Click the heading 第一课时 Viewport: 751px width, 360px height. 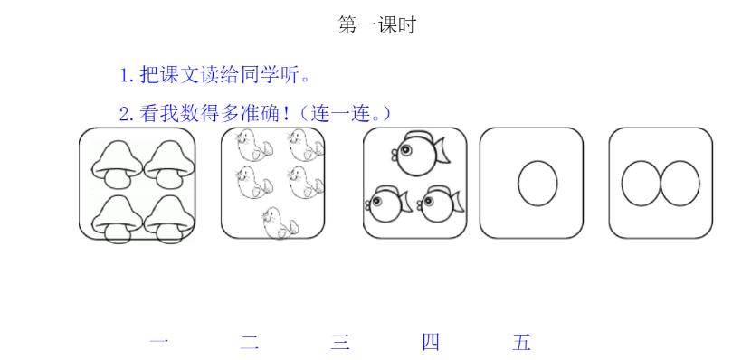pyautogui.click(x=375, y=25)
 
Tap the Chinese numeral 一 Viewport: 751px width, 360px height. pyautogui.click(x=159, y=343)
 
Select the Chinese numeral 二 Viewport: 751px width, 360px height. pyautogui.click(x=250, y=343)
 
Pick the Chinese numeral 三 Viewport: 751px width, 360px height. pyautogui.click(x=340, y=343)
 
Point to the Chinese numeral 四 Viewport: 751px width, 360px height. pyautogui.click(x=431, y=343)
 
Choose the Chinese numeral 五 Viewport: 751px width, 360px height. pyautogui.click(x=521, y=343)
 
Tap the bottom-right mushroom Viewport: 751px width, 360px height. pyautogui.click(x=166, y=217)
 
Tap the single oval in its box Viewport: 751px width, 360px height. pyautogui.click(x=537, y=182)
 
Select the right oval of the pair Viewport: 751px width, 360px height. pyautogui.click(x=680, y=182)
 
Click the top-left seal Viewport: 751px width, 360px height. pyautogui.click(x=248, y=145)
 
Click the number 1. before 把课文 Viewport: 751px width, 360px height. pyautogui.click(x=128, y=74)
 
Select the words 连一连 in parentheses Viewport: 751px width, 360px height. pyautogui.click(x=341, y=115)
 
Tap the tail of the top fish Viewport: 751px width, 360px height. pyautogui.click(x=444, y=151)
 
